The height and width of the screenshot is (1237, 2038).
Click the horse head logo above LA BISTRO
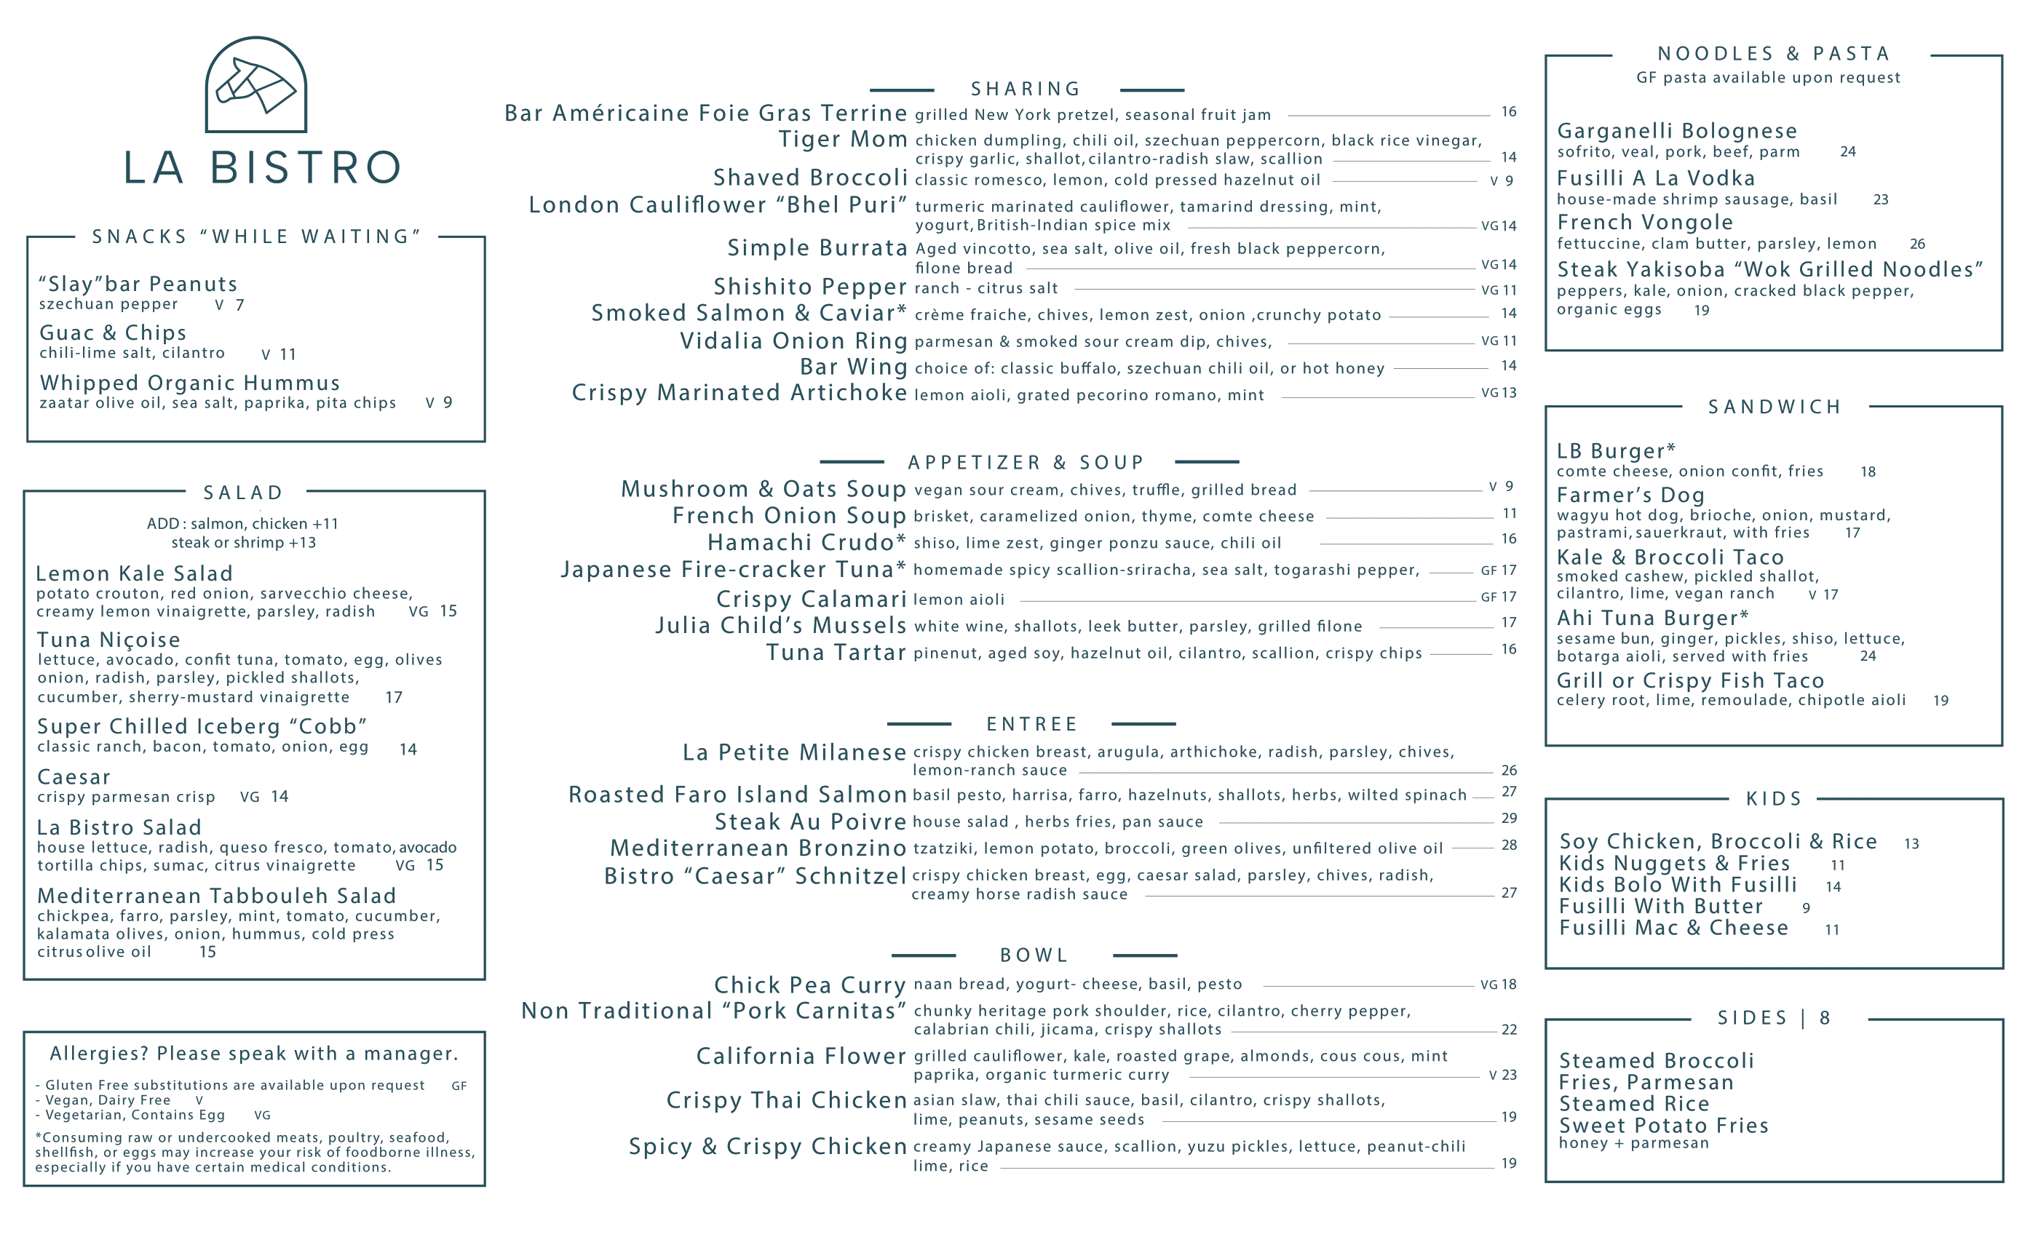click(255, 85)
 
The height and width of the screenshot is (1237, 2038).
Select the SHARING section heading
click(1026, 90)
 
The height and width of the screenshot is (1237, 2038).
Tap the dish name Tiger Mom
click(843, 139)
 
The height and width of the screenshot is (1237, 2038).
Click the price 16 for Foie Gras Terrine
click(1509, 111)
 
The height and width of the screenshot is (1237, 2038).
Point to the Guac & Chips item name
click(114, 333)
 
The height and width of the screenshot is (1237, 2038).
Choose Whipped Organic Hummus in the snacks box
click(190, 383)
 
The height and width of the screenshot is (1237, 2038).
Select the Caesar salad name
click(74, 777)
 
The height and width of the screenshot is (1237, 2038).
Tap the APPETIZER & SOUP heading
click(1026, 462)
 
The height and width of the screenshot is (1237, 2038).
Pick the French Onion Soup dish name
click(789, 516)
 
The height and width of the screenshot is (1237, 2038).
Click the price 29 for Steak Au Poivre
click(1509, 818)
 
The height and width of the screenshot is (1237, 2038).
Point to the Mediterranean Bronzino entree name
click(758, 848)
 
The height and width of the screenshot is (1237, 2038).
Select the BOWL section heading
click(1034, 955)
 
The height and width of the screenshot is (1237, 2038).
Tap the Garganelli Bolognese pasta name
click(1676, 131)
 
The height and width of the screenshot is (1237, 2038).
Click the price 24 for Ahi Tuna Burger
click(1868, 656)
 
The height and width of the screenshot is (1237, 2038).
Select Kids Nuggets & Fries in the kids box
click(1674, 863)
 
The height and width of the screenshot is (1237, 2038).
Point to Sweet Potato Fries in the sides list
click(1663, 1126)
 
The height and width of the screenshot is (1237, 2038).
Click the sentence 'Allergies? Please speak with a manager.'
click(254, 1054)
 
